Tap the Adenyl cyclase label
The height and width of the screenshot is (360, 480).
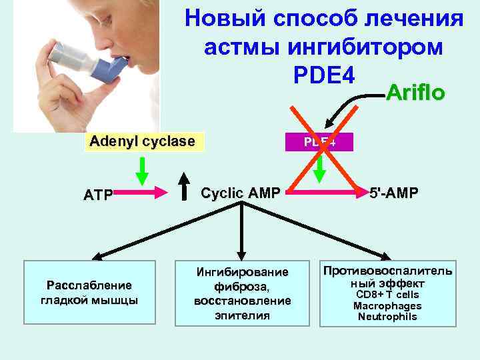point(142,141)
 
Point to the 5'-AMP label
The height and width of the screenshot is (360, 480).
point(395,193)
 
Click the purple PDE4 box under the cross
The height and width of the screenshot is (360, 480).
point(320,142)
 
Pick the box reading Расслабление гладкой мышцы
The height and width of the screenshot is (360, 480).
point(89,293)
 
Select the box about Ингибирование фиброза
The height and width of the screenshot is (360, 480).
point(242,293)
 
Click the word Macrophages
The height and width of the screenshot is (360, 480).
point(387,306)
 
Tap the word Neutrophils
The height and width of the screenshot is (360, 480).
point(387,317)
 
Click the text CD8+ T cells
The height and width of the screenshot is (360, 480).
point(387,295)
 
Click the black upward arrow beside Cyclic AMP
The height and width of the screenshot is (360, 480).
point(184,187)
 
